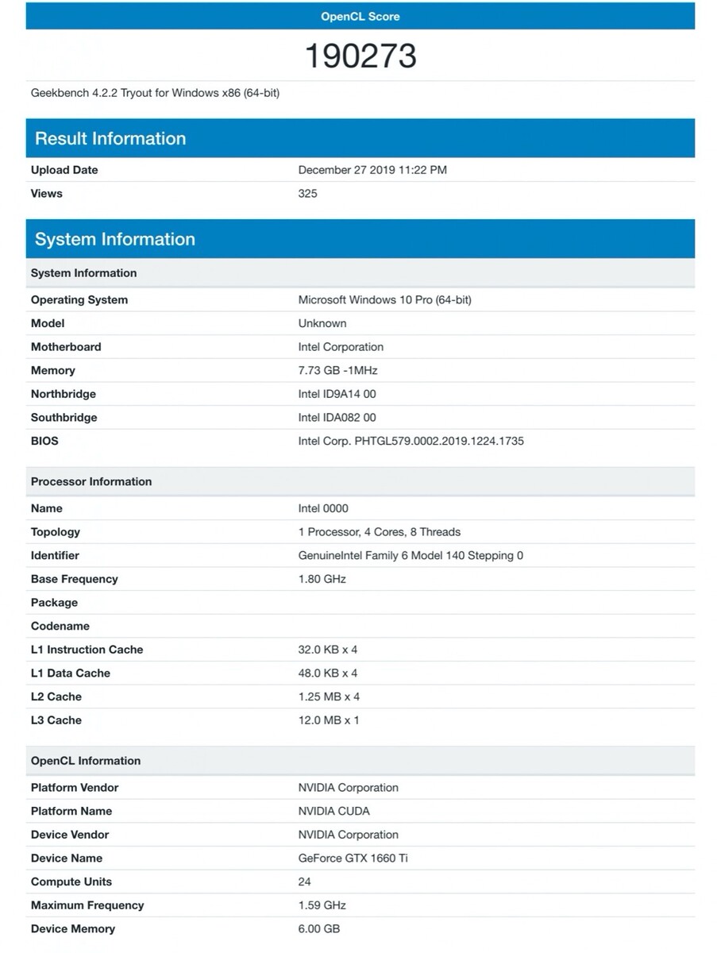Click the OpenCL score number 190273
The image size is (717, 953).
(360, 56)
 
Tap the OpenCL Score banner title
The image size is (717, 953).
(360, 16)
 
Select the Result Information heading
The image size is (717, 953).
(110, 138)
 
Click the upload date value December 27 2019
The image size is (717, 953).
(372, 170)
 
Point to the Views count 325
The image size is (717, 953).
(307, 193)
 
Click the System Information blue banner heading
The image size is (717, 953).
(115, 239)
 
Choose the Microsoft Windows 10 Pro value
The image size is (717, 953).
(384, 299)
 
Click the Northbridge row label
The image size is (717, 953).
(64, 394)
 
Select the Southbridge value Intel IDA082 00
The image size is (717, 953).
(337, 417)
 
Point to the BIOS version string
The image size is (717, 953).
(411, 441)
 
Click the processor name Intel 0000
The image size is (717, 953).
(323, 508)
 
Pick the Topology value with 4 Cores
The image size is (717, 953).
(379, 532)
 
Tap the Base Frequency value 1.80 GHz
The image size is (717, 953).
(322, 579)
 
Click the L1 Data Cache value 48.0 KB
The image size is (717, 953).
(327, 673)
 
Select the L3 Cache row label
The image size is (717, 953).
(56, 720)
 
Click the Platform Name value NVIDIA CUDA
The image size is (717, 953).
(333, 811)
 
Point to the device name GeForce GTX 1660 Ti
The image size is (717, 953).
(353, 858)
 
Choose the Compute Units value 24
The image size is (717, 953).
(305, 882)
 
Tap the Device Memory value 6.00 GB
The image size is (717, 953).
(319, 928)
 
